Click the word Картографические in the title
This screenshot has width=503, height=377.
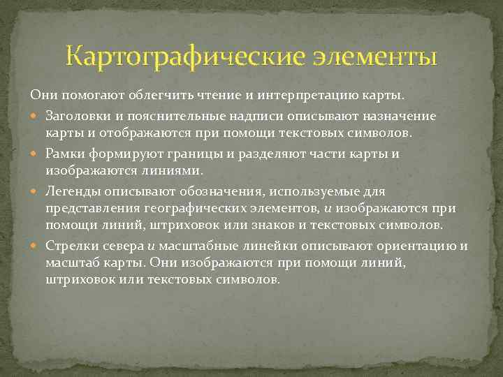pyautogui.click(x=185, y=57)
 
